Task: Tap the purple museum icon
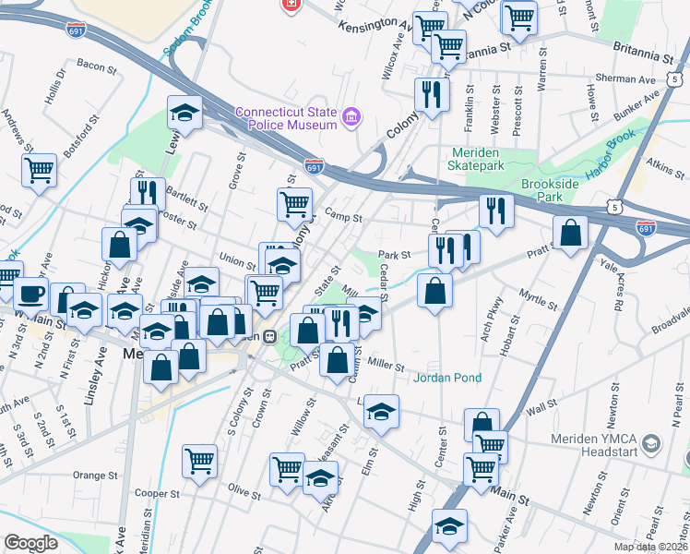click(x=351, y=117)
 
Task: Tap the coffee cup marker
click(x=31, y=294)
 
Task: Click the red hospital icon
click(x=291, y=5)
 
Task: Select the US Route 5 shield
click(x=614, y=209)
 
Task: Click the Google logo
click(x=30, y=542)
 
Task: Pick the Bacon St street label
click(x=96, y=65)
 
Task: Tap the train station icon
click(x=270, y=336)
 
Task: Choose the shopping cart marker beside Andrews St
click(x=40, y=169)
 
